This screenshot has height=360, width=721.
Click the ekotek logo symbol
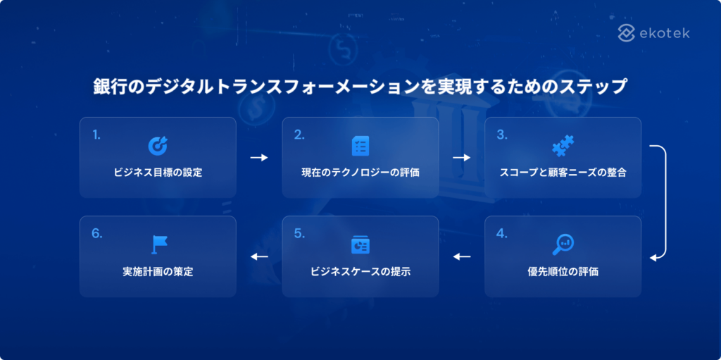coord(627,32)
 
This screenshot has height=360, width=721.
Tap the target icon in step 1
coord(157,145)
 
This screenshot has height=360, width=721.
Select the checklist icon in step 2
coord(360,146)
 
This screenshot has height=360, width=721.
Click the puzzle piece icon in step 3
coord(563,146)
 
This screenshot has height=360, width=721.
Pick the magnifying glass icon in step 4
coord(563,244)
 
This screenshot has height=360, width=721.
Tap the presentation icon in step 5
coord(360,244)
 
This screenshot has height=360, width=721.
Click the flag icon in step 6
coord(158,244)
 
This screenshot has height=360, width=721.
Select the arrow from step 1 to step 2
coord(259,158)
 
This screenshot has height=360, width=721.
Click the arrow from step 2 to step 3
coord(461,158)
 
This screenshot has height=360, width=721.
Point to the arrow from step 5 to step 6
coord(259,256)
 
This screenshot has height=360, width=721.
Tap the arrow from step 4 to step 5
coord(461,256)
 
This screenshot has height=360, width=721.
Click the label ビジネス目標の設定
coord(158,173)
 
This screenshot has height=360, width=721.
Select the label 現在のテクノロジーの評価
coord(360,173)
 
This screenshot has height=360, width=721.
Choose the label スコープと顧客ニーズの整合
coord(563,173)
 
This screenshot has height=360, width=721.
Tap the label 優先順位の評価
coord(563,271)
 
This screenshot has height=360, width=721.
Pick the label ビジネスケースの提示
coord(360,271)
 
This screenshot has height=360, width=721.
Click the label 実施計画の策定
coord(158,271)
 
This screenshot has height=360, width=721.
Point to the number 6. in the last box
coord(96,233)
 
